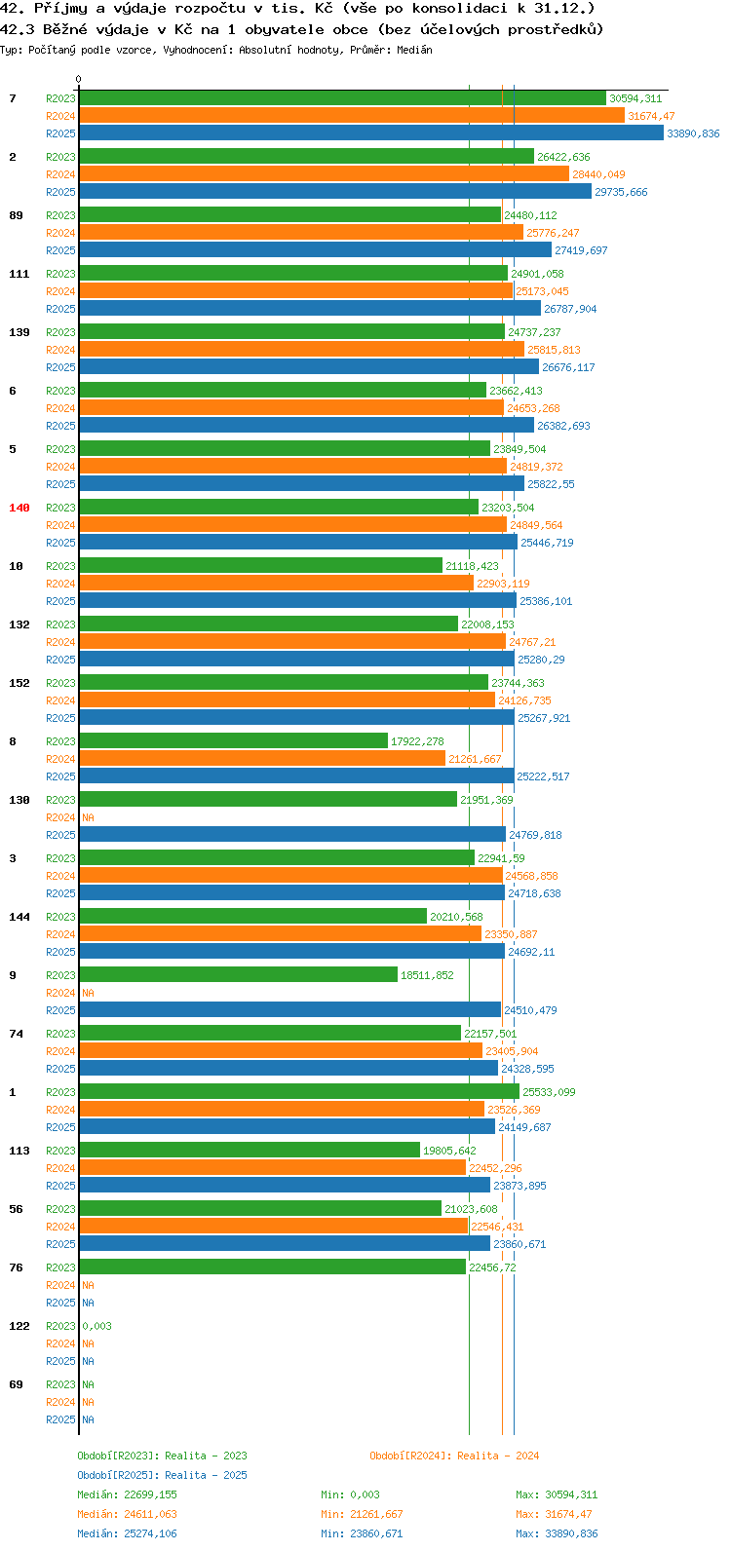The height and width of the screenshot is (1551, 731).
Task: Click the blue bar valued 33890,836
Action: click(371, 132)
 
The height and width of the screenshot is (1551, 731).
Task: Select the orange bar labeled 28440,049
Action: click(325, 173)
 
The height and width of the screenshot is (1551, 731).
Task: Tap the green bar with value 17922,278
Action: click(234, 740)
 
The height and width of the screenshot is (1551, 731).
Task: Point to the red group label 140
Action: click(19, 508)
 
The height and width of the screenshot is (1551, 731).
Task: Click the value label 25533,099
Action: click(549, 1092)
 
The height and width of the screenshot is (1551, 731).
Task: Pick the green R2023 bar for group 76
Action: click(273, 1267)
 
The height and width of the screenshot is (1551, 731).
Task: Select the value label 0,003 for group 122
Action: click(97, 1326)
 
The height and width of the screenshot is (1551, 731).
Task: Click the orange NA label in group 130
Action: click(88, 817)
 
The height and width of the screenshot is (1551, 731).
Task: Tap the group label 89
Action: click(16, 215)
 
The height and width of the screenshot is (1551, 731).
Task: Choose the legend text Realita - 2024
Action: click(498, 1456)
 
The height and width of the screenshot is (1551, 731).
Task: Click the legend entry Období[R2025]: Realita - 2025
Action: click(162, 1475)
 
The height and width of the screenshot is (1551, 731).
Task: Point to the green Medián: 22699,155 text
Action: click(127, 1494)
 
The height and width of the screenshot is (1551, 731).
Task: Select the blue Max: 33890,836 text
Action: click(557, 1533)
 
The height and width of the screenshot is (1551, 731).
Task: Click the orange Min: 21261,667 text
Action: click(362, 1514)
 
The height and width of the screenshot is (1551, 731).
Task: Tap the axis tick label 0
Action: click(78, 79)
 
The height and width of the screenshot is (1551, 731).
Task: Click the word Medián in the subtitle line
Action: click(414, 50)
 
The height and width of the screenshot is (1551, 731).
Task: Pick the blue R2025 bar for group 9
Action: click(290, 1009)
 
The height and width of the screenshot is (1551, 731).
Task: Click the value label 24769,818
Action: click(535, 834)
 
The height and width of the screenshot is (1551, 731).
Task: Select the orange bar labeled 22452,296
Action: click(273, 1167)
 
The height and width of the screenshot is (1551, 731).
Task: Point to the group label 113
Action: click(19, 1150)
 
